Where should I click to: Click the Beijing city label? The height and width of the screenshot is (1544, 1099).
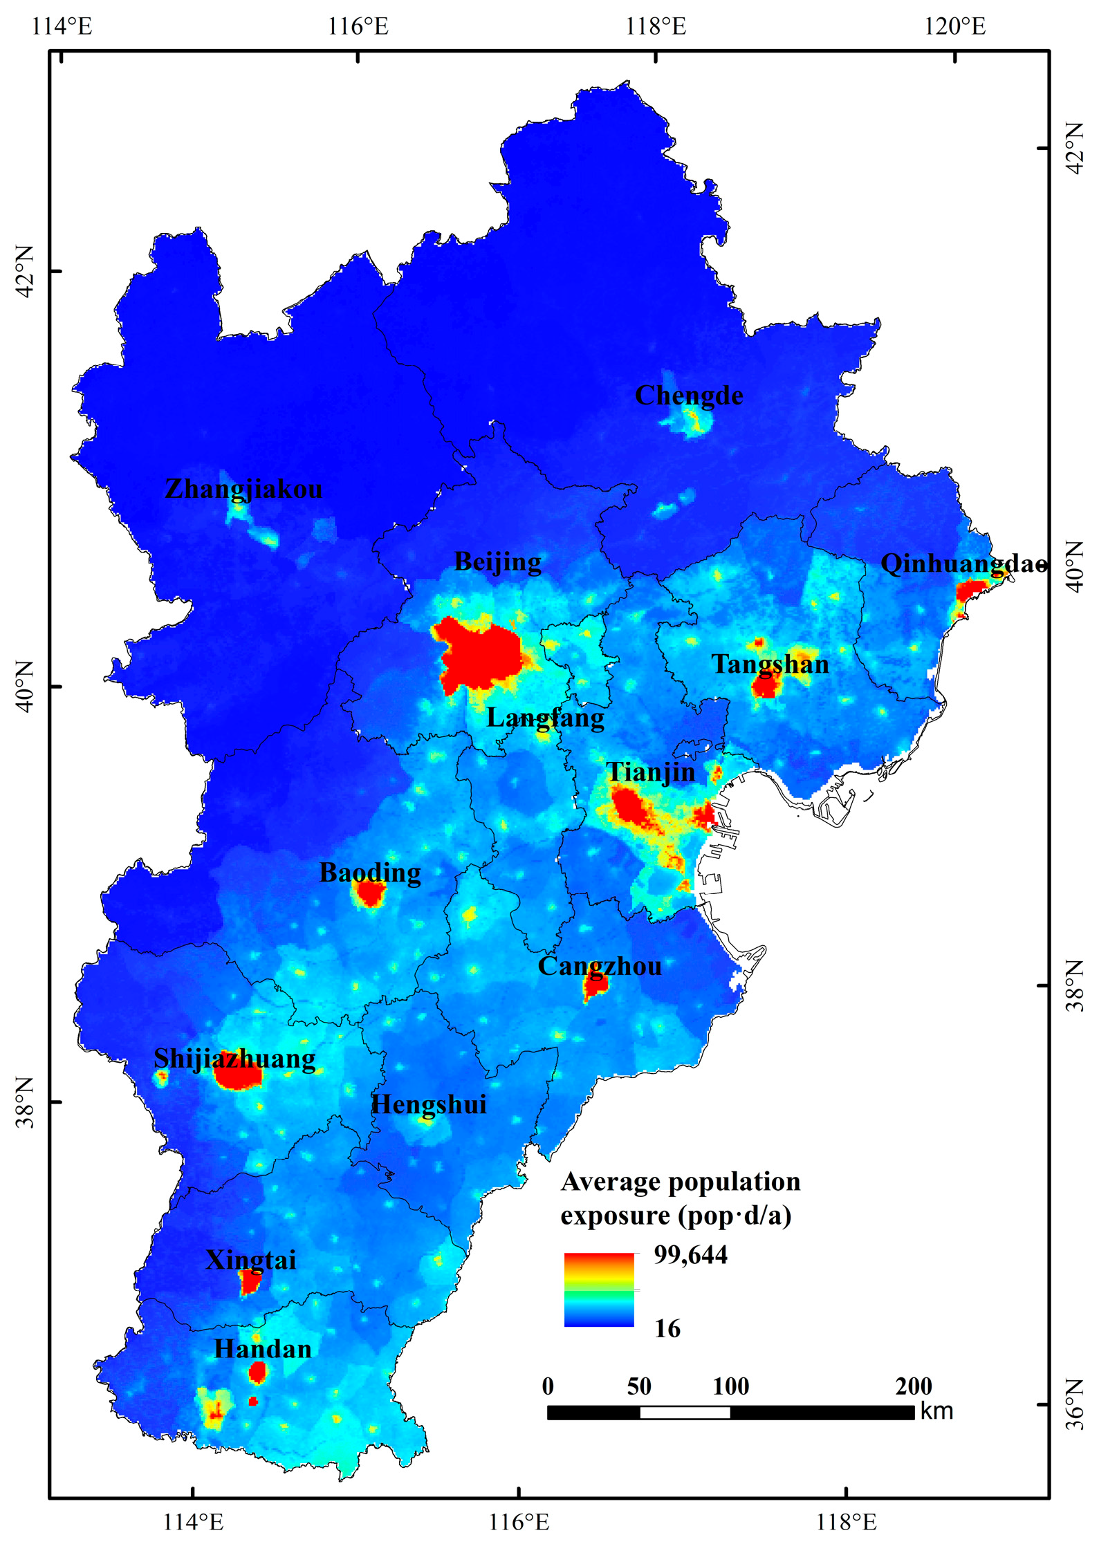[497, 561]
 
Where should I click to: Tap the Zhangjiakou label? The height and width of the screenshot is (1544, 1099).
[243, 489]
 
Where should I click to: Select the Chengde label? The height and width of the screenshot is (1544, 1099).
[689, 396]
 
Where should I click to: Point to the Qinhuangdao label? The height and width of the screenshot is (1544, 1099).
[963, 564]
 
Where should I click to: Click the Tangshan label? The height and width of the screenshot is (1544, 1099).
[770, 664]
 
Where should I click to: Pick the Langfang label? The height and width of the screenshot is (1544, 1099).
[545, 718]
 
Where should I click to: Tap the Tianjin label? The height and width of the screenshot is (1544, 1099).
[650, 772]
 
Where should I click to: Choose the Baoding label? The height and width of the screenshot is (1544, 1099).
[370, 873]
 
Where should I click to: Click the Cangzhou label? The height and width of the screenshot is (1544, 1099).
[600, 966]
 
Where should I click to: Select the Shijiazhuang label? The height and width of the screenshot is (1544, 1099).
[234, 1059]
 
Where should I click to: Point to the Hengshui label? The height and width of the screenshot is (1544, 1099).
[429, 1104]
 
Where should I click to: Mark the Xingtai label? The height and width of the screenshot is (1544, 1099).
[250, 1260]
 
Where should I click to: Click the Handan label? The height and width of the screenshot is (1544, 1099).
[263, 1349]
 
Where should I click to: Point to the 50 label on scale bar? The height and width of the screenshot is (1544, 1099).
[639, 1386]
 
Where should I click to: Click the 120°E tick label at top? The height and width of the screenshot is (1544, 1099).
[955, 26]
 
